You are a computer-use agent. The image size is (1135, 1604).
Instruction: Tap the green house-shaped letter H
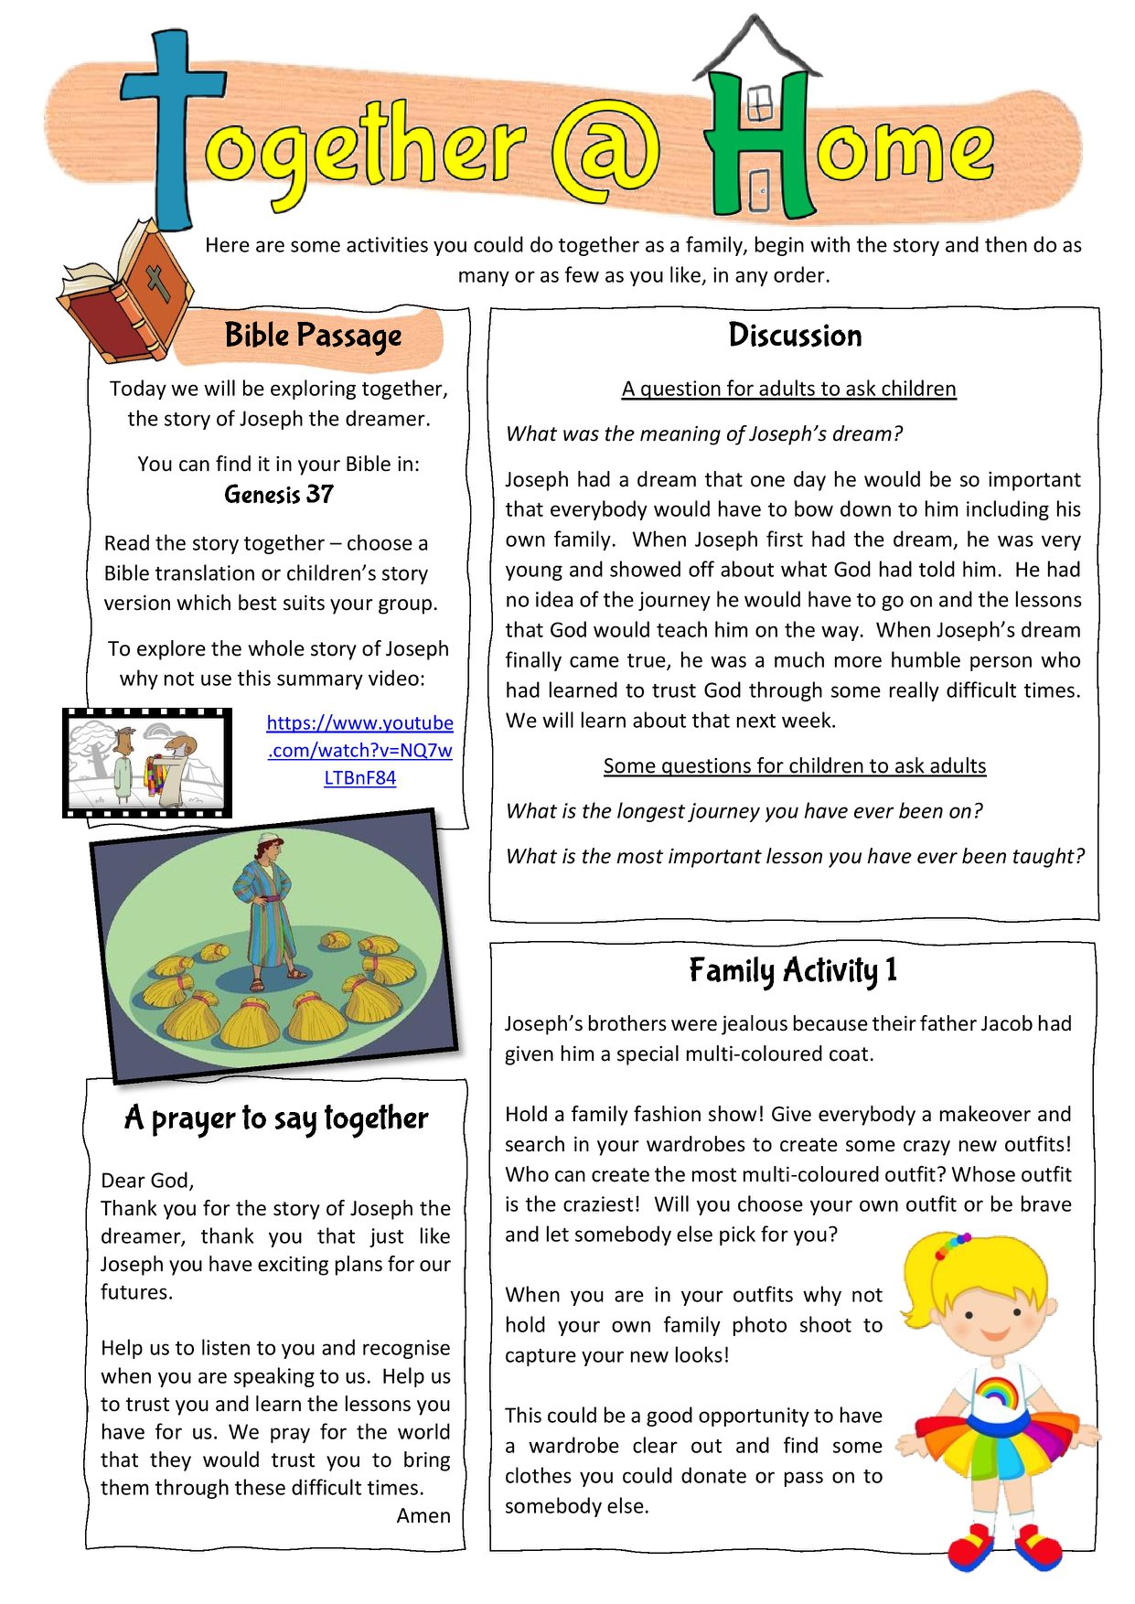tap(759, 137)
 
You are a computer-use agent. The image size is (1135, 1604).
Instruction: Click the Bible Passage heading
tap(313, 336)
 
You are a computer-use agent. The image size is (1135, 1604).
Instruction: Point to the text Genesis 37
tap(279, 495)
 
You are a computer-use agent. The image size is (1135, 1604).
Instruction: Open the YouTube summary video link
tap(360, 750)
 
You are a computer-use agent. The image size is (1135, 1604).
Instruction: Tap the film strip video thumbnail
tap(146, 762)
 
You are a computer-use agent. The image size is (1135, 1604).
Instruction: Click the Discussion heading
tap(795, 336)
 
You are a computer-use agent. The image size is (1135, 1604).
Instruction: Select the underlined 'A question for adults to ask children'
tap(788, 389)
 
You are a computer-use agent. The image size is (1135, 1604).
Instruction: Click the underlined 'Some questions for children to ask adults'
tap(794, 765)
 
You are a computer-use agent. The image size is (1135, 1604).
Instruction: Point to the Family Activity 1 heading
tap(793, 970)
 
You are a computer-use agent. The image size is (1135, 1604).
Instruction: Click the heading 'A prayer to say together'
tap(276, 1118)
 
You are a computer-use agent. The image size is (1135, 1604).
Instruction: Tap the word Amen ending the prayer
tap(423, 1515)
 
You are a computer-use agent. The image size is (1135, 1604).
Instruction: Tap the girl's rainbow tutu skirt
tap(999, 1446)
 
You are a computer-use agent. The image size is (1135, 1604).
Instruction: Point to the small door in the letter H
tap(759, 193)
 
